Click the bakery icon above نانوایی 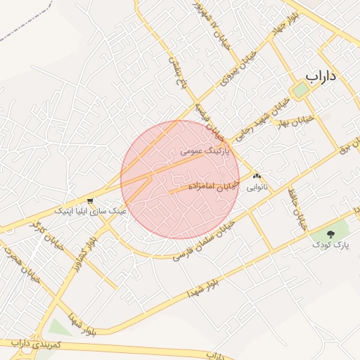[257, 177]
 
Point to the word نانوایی [257, 188]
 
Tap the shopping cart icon [89, 200]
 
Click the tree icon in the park [332, 234]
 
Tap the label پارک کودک [331, 245]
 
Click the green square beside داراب [300, 89]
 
